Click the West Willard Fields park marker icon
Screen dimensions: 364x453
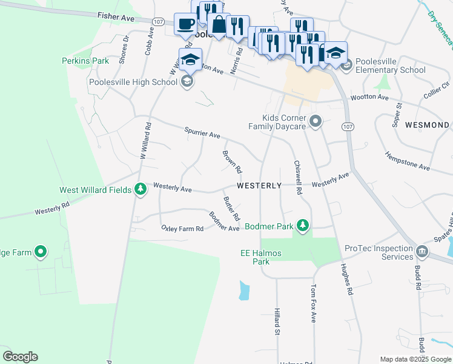pyautogui.click(x=140, y=189)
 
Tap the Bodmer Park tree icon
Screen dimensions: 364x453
pyautogui.click(x=303, y=226)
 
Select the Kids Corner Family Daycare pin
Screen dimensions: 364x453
pyautogui.click(x=315, y=122)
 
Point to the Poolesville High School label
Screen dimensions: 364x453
pyautogui.click(x=133, y=82)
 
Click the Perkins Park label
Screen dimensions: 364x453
pyautogui.click(x=85, y=61)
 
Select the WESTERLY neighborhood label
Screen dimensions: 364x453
pyautogui.click(x=259, y=186)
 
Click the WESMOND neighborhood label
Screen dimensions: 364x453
pyautogui.click(x=427, y=125)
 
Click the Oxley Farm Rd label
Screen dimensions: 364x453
pyautogui.click(x=182, y=228)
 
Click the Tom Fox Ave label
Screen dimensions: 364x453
pyautogui.click(x=313, y=303)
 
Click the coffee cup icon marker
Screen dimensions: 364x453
pyautogui.click(x=186, y=24)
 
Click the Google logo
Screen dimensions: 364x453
pyautogui.click(x=20, y=357)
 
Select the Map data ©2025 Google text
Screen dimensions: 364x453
pyautogui.click(x=415, y=359)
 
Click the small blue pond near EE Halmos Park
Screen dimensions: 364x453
pyautogui.click(x=243, y=291)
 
